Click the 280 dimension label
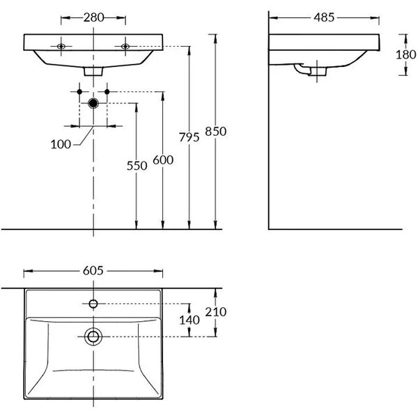click(93, 17)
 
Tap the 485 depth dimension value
click(324, 17)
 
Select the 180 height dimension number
click(405, 54)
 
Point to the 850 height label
click(216, 132)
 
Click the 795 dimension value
click(189, 137)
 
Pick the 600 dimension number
click(163, 160)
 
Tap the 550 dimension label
click(137, 166)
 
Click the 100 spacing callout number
click(61, 144)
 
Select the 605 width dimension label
click(93, 271)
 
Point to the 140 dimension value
click(189, 320)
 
